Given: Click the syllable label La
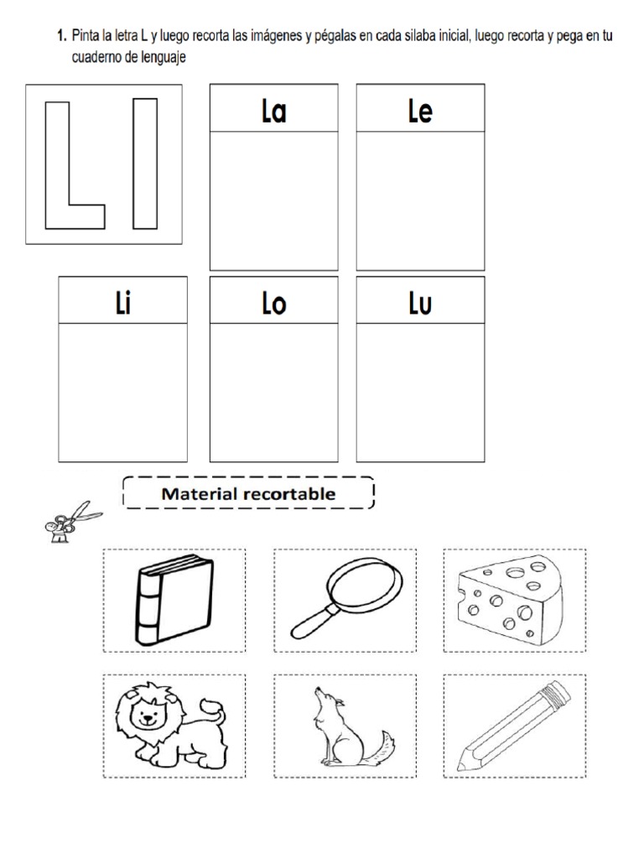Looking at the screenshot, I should (x=273, y=112).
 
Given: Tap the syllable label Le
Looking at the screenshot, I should (x=420, y=112).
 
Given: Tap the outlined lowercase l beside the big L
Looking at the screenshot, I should (x=145, y=164).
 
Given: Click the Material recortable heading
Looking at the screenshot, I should (x=248, y=493).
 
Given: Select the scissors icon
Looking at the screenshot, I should (x=70, y=520).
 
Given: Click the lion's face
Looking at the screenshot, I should (x=149, y=715).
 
